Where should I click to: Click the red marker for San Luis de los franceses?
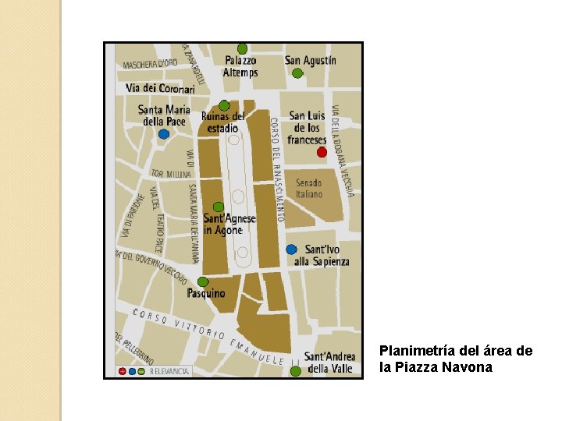tap(322, 152)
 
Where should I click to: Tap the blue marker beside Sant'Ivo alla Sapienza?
tap(291, 249)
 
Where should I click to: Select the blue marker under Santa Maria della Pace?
tap(163, 134)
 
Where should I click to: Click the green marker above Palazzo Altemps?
tap(242, 48)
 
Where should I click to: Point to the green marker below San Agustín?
tap(297, 73)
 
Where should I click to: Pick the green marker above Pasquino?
tap(203, 281)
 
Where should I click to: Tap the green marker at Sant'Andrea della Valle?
tap(295, 371)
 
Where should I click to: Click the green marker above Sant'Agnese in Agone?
tap(219, 207)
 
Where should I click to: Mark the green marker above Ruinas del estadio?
tap(224, 105)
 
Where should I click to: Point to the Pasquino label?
tap(206, 294)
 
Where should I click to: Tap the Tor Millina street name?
tap(170, 173)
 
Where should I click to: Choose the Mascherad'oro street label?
tap(150, 63)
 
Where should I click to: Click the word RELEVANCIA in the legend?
tap(169, 372)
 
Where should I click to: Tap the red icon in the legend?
tap(123, 372)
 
